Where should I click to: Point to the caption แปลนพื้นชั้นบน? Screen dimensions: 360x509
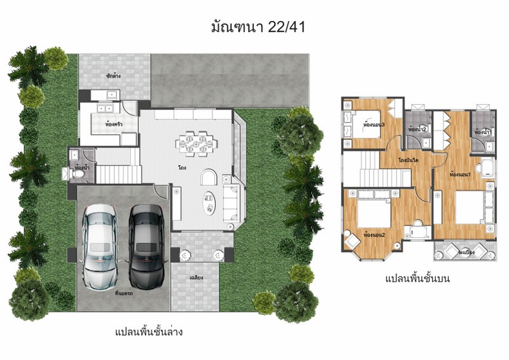coord(417,278)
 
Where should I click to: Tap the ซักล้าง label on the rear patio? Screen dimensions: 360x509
coord(114,76)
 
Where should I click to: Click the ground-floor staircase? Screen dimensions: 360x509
coord(115,172)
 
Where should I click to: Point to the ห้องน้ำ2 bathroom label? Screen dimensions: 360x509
coord(417,130)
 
